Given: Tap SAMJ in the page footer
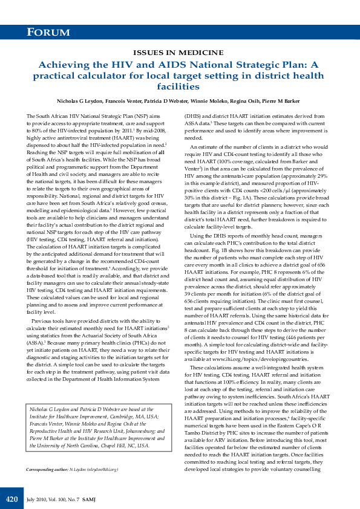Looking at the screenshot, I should pyautogui.click(x=89, y=499).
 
